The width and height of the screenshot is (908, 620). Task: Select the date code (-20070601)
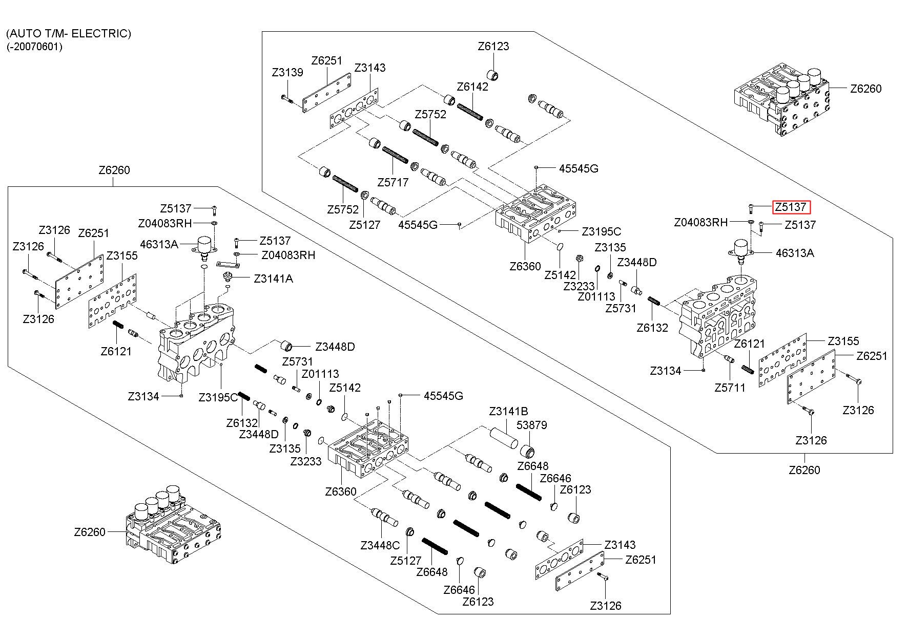34,47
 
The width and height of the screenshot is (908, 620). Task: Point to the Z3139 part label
287,73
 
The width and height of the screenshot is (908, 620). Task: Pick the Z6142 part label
472,86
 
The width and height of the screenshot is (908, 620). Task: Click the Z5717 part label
393,182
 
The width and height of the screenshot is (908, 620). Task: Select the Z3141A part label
274,279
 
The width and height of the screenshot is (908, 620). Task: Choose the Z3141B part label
508,411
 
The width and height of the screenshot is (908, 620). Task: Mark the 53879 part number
532,425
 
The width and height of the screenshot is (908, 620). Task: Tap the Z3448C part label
380,545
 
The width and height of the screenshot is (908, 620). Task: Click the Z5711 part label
730,388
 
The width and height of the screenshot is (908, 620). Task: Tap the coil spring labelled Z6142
470,112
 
